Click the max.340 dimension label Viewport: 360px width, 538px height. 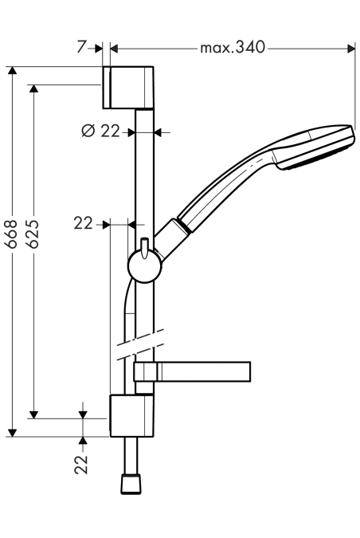click(233, 48)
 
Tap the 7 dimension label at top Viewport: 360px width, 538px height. click(81, 47)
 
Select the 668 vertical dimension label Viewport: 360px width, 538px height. click(11, 234)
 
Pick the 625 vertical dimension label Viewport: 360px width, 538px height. click(33, 234)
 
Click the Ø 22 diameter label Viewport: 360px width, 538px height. click(101, 131)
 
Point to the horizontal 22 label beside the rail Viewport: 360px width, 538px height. click(84, 224)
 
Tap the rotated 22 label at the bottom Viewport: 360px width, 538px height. click(81, 465)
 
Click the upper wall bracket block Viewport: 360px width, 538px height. click(128, 87)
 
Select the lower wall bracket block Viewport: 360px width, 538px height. click(131, 415)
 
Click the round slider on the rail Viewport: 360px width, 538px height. click(145, 266)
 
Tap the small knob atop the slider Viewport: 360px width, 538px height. click(145, 247)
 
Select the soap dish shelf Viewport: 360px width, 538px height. click(192, 371)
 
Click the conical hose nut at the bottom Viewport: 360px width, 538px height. click(131, 484)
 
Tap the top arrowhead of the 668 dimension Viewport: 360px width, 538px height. click(12, 70)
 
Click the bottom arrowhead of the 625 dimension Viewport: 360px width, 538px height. click(33, 414)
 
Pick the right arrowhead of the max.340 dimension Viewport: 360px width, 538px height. click(351, 49)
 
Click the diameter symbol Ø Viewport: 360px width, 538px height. click(88, 131)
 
